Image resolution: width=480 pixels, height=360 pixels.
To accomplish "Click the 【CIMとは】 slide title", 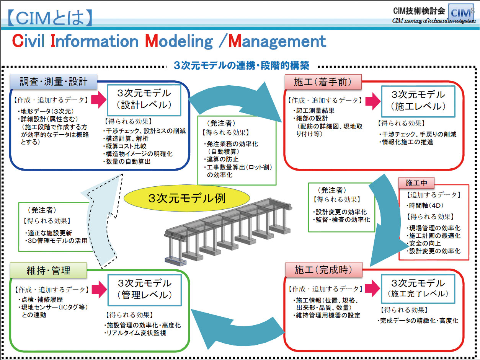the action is click(x=50, y=18).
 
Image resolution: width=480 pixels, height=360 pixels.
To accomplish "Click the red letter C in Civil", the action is click(x=18, y=41).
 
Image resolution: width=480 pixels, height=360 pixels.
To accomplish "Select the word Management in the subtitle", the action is click(x=277, y=41).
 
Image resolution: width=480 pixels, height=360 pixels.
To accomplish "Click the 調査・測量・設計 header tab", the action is click(x=54, y=81).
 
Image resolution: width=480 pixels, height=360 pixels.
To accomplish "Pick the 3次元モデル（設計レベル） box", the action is click(x=144, y=100).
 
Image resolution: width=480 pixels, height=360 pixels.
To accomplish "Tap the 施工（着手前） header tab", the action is click(x=323, y=82).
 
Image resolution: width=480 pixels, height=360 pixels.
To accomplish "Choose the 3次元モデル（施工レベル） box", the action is click(x=418, y=101).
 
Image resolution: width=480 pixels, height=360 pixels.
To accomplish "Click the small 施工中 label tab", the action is click(x=416, y=183).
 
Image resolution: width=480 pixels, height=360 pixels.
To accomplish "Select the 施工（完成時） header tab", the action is click(x=323, y=270).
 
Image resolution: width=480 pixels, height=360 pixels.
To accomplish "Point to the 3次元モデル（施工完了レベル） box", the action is click(x=418, y=289).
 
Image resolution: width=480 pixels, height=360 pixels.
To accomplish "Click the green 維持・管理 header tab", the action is click(x=48, y=270).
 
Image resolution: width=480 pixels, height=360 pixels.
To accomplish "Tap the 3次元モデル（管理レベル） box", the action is click(x=145, y=290).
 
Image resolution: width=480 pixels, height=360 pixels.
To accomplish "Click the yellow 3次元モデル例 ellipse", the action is click(x=187, y=198).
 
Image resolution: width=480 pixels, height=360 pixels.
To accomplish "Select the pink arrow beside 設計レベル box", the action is click(x=99, y=99).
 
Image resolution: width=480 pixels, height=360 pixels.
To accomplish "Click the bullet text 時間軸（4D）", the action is click(x=425, y=205).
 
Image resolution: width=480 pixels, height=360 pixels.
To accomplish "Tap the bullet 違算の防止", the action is click(x=221, y=159).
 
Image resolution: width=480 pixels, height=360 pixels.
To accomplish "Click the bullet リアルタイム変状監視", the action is click(x=136, y=333).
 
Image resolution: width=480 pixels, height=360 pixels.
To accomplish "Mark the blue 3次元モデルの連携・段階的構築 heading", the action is click(x=242, y=65).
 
